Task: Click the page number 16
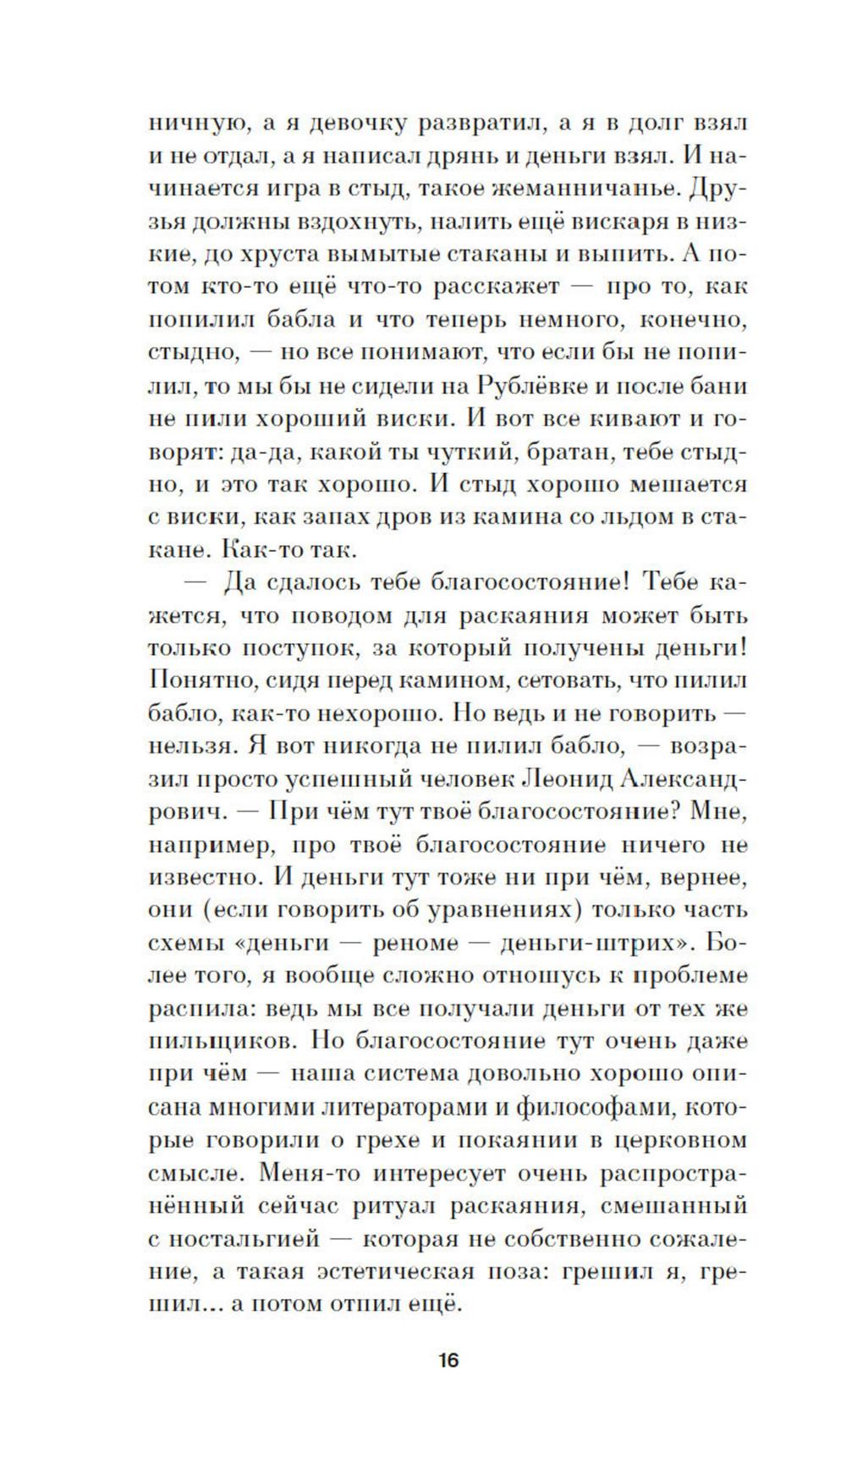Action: pos(448,1385)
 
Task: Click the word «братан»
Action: pos(562,452)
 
